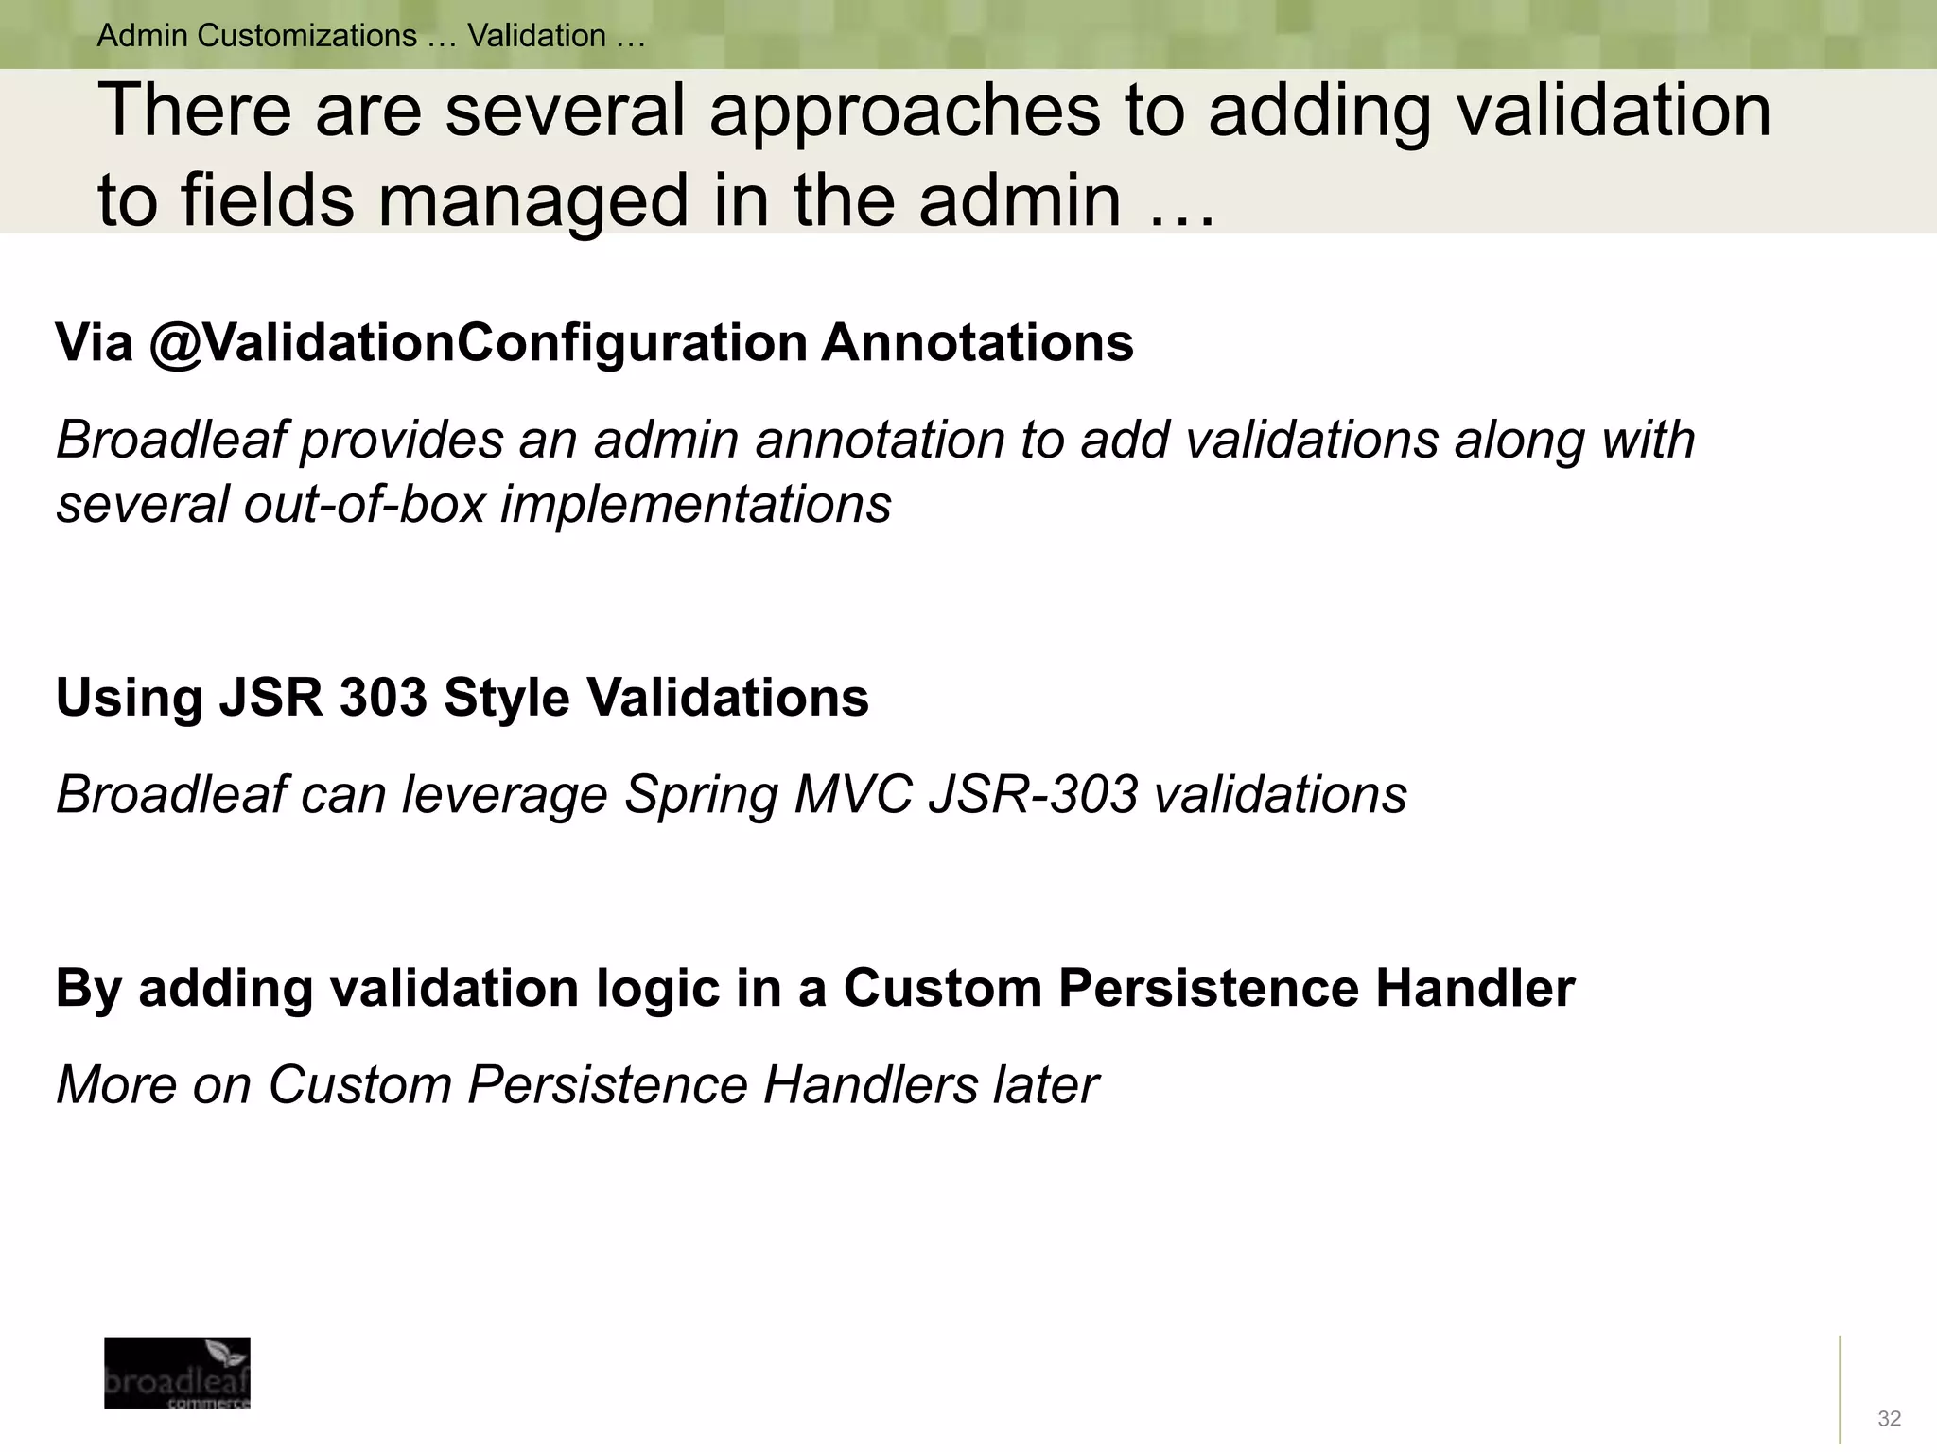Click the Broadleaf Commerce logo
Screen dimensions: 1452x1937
177,1372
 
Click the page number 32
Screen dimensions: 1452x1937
1889,1418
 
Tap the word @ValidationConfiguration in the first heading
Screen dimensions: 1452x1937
478,342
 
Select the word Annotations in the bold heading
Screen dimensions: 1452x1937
977,342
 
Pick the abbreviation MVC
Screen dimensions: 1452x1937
852,794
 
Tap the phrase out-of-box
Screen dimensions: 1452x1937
364,504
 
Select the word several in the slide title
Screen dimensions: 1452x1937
564,111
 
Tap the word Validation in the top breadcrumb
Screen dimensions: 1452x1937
536,36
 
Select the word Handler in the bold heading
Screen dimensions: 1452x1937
1475,988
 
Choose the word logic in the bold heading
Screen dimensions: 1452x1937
657,990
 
